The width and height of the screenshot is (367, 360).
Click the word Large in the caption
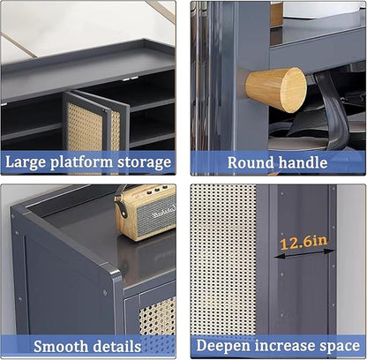click(x=26, y=162)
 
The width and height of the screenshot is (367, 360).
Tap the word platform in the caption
click(x=81, y=162)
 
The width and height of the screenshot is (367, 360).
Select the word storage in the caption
click(x=144, y=162)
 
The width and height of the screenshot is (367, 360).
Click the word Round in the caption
click(x=251, y=162)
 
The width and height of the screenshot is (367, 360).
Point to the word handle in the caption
click(x=303, y=162)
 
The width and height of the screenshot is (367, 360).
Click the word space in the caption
click(x=340, y=346)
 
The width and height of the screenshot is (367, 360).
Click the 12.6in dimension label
click(x=303, y=243)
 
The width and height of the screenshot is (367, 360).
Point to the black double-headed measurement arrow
click(x=304, y=254)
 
